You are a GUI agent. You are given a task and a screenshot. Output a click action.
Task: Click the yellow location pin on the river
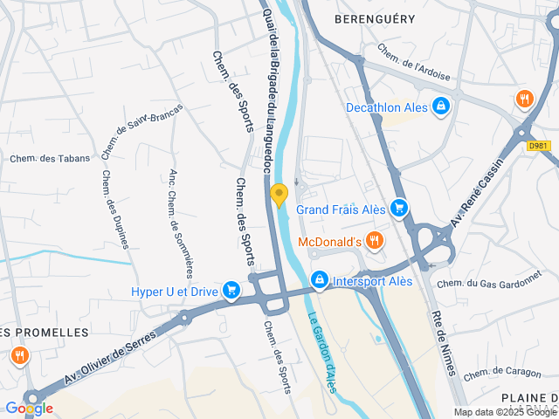click(279, 195)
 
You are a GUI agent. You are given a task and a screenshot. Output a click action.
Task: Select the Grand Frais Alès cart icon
click(399, 208)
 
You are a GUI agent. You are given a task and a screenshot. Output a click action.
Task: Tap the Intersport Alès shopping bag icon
click(320, 280)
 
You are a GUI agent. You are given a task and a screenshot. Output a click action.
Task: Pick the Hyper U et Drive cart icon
click(231, 290)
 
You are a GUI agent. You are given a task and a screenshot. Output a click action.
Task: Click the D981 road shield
click(540, 146)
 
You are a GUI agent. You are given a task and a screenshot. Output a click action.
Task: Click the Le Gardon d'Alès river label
click(321, 354)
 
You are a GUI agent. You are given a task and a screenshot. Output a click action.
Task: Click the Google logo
click(29, 408)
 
